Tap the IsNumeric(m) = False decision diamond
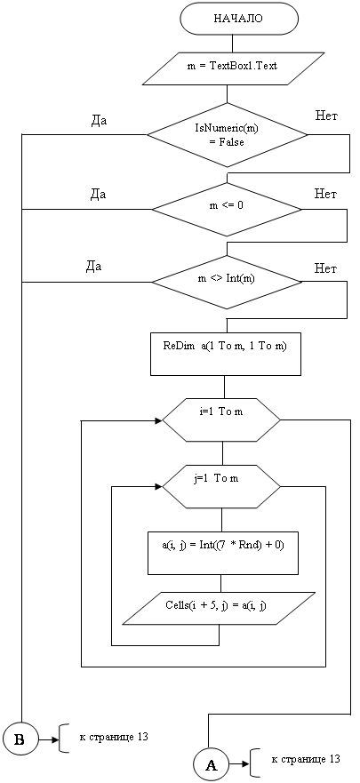228,135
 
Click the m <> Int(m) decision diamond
228,283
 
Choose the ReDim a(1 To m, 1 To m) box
226,355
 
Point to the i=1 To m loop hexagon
221,420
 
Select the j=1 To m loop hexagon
221,485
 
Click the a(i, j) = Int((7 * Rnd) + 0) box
223,554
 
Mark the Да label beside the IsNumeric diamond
99,122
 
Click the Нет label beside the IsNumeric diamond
327,116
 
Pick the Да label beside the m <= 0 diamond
98,195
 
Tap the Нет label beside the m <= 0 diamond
325,193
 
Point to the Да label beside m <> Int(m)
93,267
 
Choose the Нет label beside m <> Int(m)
325,268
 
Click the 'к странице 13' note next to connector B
114,737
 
